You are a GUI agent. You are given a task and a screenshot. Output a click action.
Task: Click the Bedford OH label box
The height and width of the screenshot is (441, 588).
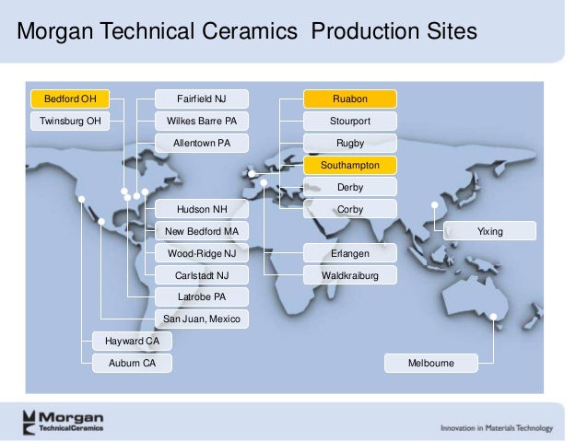[x=70, y=99]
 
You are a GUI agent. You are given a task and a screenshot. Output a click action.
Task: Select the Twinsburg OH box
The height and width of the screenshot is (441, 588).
[x=70, y=121]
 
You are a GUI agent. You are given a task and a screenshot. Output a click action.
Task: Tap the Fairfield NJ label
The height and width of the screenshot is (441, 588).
[x=201, y=99]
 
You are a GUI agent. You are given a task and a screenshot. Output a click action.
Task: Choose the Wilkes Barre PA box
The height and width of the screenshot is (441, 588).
[x=201, y=121]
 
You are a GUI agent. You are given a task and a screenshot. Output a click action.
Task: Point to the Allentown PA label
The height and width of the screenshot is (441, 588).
[x=201, y=143]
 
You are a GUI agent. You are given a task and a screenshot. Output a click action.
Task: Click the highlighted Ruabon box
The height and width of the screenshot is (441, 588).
[x=350, y=99]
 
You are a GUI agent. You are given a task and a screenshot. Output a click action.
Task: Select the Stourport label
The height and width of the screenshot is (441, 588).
[x=350, y=121]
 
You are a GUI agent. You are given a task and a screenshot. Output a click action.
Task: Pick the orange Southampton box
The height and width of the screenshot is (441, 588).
[x=350, y=166]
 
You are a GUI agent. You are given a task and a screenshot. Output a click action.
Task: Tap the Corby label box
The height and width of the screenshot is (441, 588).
[x=350, y=209]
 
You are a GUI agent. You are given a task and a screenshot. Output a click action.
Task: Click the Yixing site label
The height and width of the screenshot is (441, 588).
[x=489, y=231]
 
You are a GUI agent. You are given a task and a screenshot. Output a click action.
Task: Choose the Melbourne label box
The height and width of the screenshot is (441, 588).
[x=431, y=364]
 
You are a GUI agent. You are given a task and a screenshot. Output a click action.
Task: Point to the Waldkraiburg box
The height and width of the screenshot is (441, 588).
[x=350, y=275]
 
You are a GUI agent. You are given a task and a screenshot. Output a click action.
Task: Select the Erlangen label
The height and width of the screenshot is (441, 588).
[x=350, y=252]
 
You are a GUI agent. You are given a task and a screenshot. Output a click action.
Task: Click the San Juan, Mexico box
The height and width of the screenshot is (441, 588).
[x=201, y=319]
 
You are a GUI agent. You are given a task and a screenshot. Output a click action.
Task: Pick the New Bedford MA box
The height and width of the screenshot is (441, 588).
[x=201, y=231]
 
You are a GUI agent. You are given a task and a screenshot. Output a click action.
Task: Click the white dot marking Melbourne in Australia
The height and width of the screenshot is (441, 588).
[x=494, y=318]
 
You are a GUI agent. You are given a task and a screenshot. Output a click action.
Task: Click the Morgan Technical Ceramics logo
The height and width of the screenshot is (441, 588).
[x=64, y=421]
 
